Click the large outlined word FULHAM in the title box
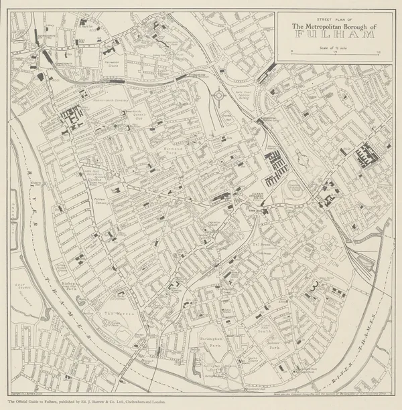(334, 34)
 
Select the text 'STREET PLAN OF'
(334, 19)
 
